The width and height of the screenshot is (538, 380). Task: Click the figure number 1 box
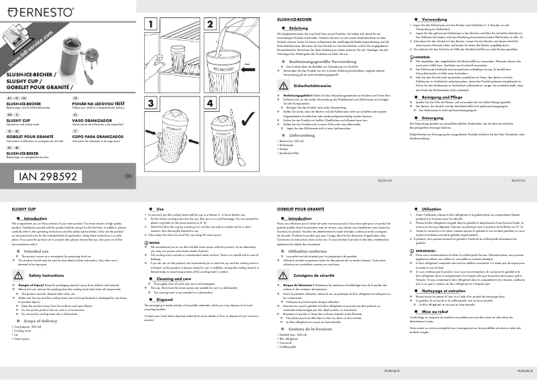coord(152,25)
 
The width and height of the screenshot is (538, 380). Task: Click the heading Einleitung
coord(299,27)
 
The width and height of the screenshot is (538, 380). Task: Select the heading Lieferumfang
coord(299,134)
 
